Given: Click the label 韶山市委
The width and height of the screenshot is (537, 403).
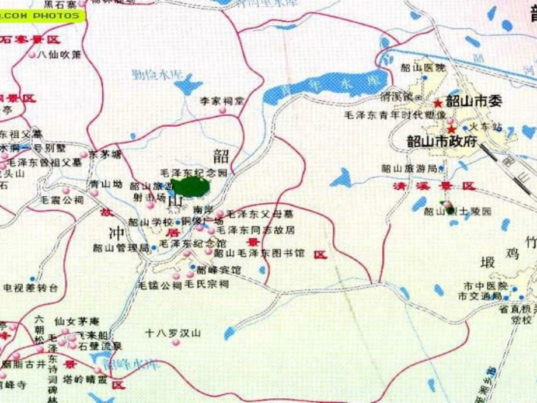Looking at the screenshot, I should point(473,100).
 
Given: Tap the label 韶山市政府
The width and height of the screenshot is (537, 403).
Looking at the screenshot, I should point(442,141).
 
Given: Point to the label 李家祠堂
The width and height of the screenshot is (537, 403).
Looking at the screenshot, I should point(222,101).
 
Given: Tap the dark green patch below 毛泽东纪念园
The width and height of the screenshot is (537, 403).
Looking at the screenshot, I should point(191,187).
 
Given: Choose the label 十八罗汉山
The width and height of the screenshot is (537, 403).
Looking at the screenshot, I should point(173,333).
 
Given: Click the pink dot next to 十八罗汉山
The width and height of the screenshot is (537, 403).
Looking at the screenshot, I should point(176,343).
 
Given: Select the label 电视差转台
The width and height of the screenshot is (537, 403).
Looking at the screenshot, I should point(31,288).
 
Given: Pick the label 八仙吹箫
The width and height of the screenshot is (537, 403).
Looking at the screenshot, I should point(58,55).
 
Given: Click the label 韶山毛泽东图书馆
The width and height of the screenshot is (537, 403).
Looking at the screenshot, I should point(251,253).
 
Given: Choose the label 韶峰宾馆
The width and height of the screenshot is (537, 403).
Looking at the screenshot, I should point(218,270).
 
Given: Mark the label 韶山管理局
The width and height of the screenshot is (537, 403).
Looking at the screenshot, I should point(121,248).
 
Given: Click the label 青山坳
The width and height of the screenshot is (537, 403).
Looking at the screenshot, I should point(106,185).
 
